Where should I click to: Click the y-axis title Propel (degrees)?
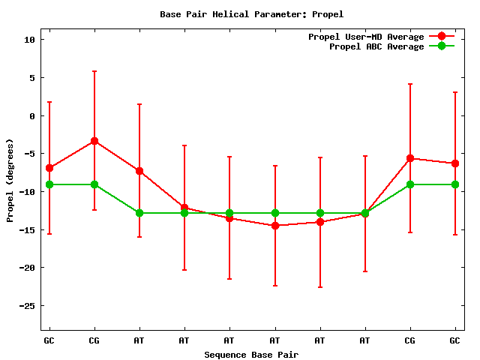tap(10, 180)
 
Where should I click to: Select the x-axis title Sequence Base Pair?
tap(251, 354)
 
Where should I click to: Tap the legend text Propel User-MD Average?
tap(366, 37)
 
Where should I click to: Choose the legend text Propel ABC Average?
tap(376, 46)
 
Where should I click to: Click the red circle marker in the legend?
tap(442, 37)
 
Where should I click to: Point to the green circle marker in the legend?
tap(442, 46)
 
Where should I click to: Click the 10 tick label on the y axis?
tap(31, 40)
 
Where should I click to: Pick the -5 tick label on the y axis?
tap(31, 154)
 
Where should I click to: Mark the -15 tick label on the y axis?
tap(28, 229)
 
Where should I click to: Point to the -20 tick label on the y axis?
tap(28, 268)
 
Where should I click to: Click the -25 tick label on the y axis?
tap(28, 306)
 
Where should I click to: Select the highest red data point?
tap(94, 141)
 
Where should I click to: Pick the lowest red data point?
tap(274, 226)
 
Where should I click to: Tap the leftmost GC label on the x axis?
tap(49, 340)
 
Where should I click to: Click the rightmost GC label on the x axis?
tap(455, 340)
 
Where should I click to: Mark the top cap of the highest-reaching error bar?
tap(94, 71)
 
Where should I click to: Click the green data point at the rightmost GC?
tap(455, 184)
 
